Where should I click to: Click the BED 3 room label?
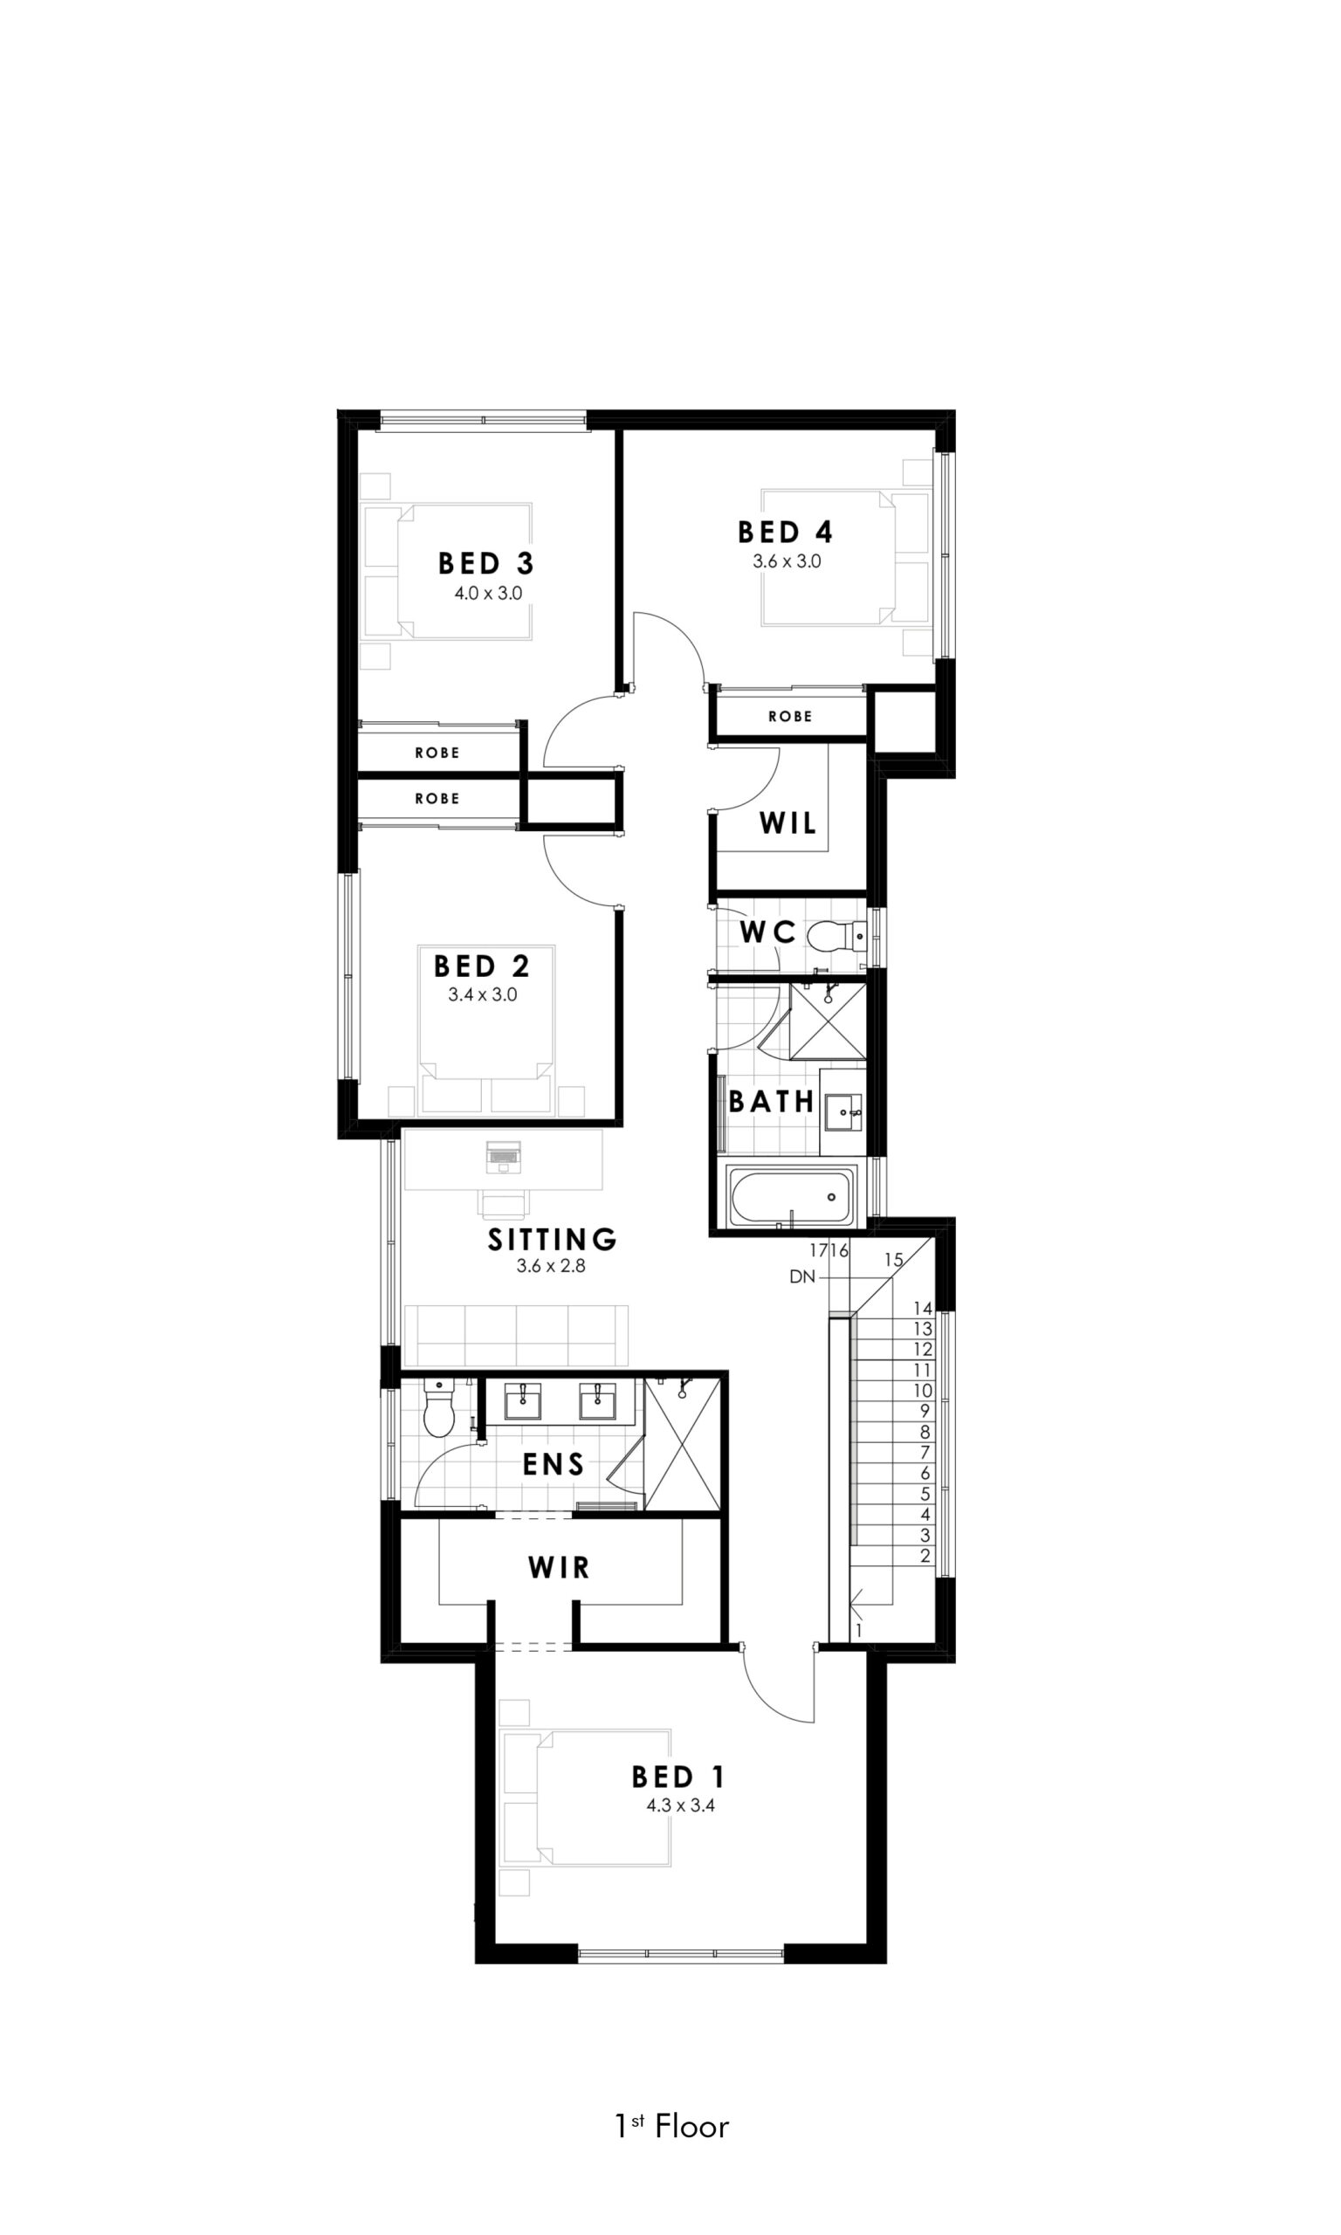pos(486,564)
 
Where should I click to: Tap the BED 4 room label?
pos(785,531)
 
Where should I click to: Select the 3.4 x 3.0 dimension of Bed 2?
pos(483,994)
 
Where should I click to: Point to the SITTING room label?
pos(552,1239)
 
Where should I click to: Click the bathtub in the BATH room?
pos(792,1195)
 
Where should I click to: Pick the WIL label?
pos(788,823)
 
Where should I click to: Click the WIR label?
pos(560,1566)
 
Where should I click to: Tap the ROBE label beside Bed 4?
pos(791,717)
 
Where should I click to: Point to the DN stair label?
pos(802,1276)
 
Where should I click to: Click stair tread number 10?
pos(922,1390)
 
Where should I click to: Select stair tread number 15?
pos(894,1259)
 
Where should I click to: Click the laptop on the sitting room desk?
pos(504,1156)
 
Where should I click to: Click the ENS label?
pos(553,1464)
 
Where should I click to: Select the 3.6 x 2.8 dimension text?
pos(551,1266)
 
